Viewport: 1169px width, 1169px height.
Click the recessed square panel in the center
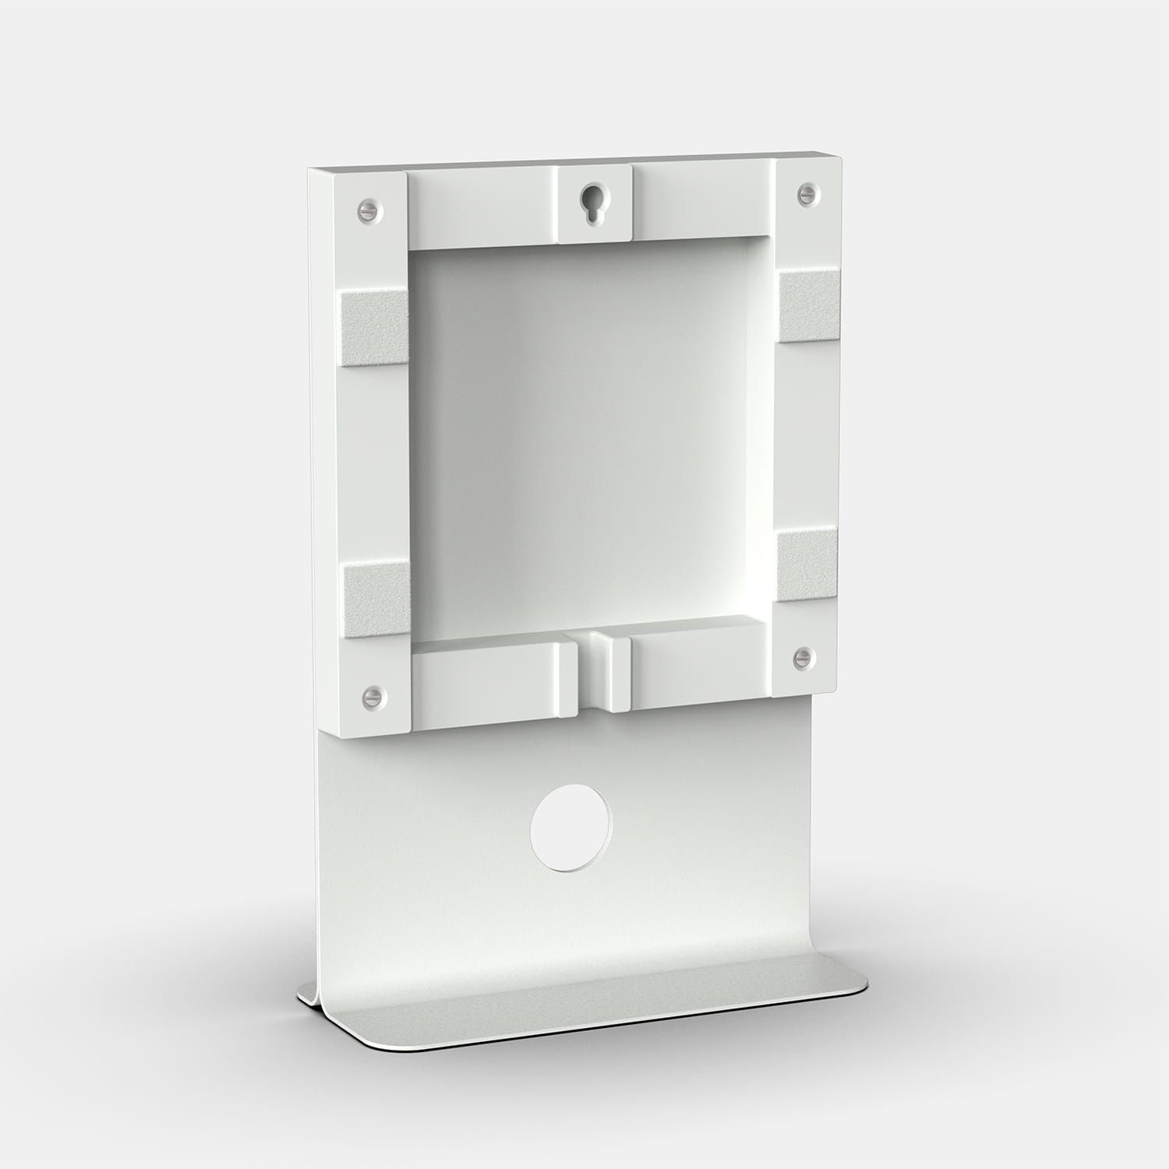(x=584, y=436)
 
